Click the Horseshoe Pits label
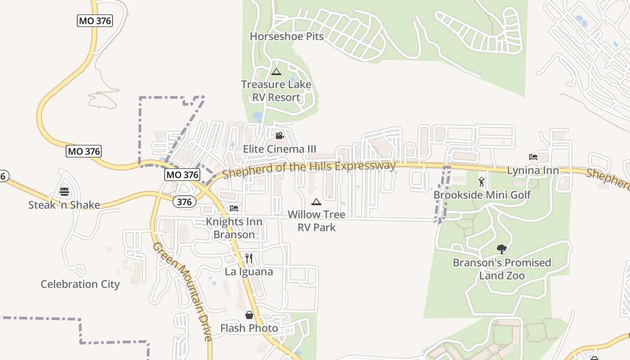pos(287,36)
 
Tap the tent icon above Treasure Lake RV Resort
pos(276,72)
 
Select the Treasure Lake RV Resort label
pos(276,91)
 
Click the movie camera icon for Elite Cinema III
pos(279,135)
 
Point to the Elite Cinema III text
pos(279,149)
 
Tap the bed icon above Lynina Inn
pos(533,157)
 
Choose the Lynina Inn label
pos(533,171)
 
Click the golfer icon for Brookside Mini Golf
pos(482,182)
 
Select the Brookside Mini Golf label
pos(482,195)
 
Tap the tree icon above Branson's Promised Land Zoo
pos(501,249)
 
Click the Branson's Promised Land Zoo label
pos(502,269)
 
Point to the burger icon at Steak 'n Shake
pos(64,192)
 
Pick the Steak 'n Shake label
pos(64,205)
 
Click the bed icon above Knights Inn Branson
pos(234,208)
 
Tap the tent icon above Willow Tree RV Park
pos(316,201)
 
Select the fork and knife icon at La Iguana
pos(249,258)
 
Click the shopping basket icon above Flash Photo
pos(249,315)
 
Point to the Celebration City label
pos(80,284)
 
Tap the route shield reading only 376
pos(184,202)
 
